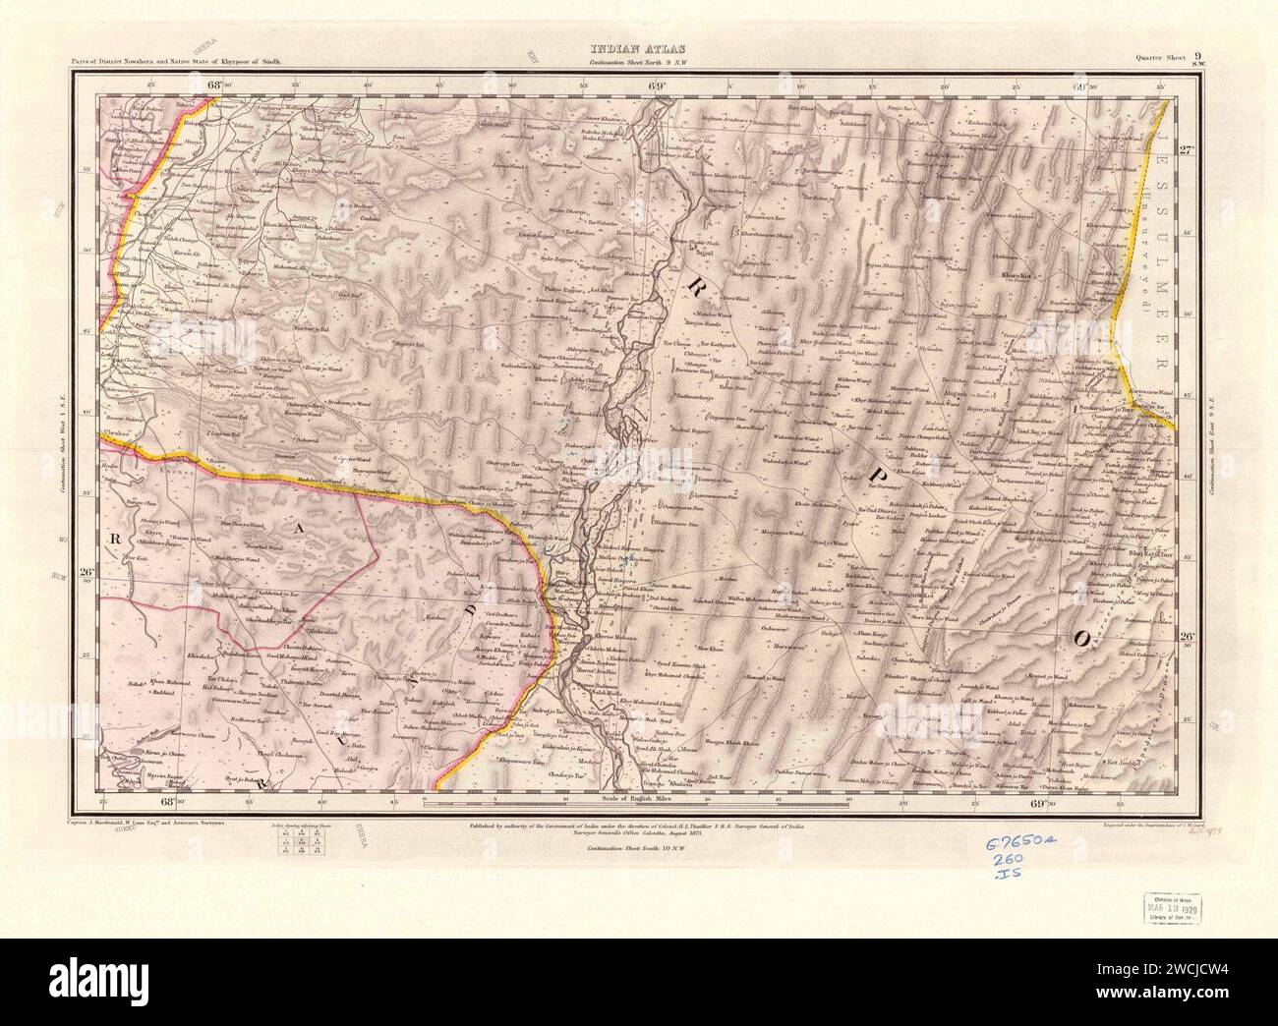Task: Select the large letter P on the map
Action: click(x=872, y=476)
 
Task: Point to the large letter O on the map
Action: click(x=1080, y=639)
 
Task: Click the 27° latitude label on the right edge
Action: click(x=1186, y=150)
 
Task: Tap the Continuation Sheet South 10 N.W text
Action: click(x=639, y=847)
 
